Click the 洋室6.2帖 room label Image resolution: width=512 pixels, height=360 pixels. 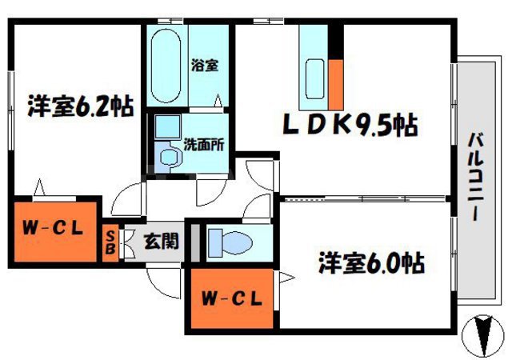point(80,106)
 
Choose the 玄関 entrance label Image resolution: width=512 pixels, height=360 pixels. point(160,238)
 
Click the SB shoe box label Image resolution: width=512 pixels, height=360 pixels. point(110,241)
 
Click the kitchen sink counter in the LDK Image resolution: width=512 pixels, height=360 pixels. point(314,68)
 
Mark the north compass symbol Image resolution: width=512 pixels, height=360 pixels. point(482,334)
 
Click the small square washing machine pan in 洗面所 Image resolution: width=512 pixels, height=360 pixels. point(166,126)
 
